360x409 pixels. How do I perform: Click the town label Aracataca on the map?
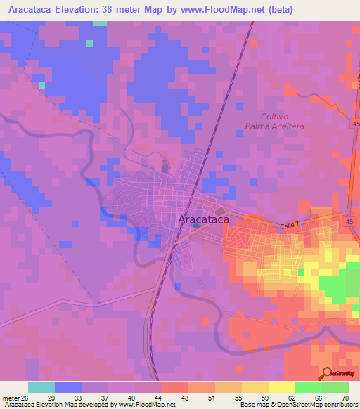203,220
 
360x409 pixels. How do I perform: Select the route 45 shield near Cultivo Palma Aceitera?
349,124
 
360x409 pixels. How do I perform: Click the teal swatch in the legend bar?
41,387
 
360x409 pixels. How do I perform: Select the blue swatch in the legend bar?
67,387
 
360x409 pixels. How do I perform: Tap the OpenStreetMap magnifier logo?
326,374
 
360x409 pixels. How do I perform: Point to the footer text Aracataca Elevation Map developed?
63,404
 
